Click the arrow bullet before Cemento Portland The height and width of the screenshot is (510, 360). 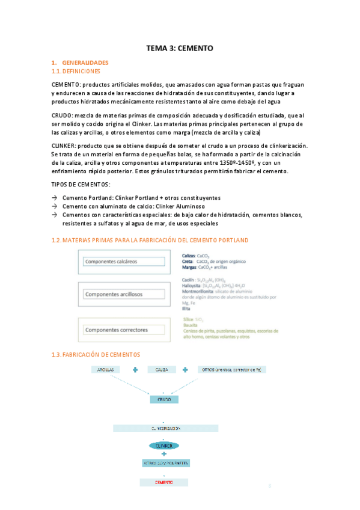pos(55,198)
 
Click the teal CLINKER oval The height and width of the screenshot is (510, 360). pos(163,446)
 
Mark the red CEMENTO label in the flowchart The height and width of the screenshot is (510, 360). pos(163,482)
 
